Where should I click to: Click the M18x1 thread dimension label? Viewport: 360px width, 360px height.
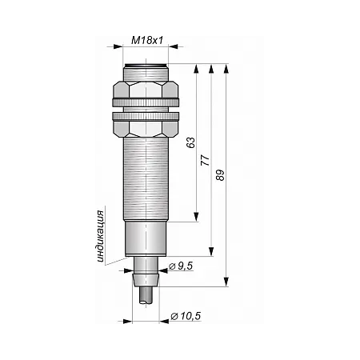(x=147, y=41)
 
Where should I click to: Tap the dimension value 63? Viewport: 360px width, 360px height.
(x=190, y=142)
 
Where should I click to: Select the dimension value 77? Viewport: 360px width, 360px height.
(x=206, y=160)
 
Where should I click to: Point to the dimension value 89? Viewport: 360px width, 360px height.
(x=221, y=175)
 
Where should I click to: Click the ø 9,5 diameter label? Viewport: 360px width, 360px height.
(x=181, y=266)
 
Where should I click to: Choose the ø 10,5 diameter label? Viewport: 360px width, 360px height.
(x=186, y=316)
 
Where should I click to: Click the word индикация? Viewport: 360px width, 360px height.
(x=100, y=236)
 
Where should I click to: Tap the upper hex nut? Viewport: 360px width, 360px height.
(x=146, y=90)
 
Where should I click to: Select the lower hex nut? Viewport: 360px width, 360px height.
(x=146, y=129)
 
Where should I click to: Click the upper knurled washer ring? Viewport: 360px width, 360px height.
(x=146, y=102)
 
